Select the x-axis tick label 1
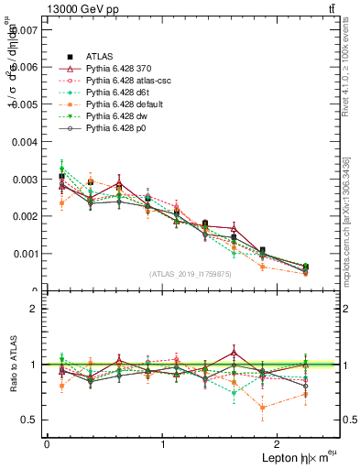point(162,444)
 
